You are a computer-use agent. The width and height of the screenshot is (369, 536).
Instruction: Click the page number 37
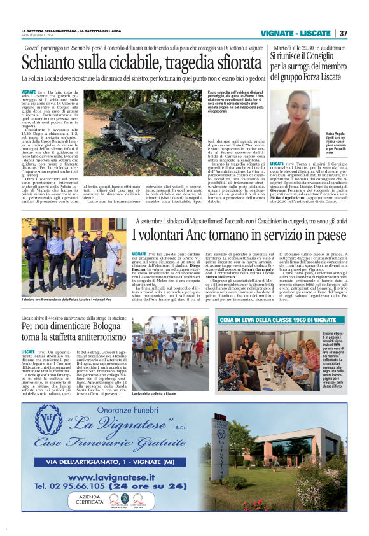(x=344, y=33)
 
